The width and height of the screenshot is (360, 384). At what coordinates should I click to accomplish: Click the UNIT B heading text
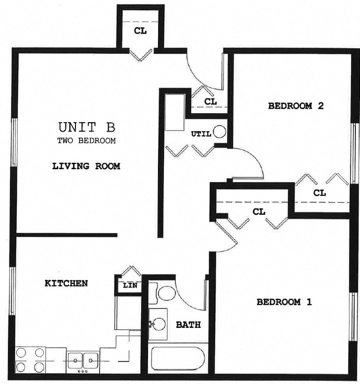pyautogui.click(x=86, y=126)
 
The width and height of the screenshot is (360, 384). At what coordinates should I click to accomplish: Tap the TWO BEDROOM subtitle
pyautogui.click(x=86, y=141)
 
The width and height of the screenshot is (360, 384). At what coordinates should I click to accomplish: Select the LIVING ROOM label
pyautogui.click(x=86, y=166)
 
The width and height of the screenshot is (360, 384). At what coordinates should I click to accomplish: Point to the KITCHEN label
pyautogui.click(x=66, y=283)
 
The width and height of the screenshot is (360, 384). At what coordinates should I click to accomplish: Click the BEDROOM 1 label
pyautogui.click(x=284, y=302)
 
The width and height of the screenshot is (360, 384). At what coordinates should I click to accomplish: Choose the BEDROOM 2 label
pyautogui.click(x=296, y=106)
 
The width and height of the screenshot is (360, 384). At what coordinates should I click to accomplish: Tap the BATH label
pyautogui.click(x=188, y=325)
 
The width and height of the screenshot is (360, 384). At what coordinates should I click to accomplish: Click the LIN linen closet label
pyautogui.click(x=129, y=286)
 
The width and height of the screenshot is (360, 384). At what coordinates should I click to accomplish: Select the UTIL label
pyautogui.click(x=201, y=134)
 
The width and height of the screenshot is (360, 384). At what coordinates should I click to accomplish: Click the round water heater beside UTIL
pyautogui.click(x=219, y=132)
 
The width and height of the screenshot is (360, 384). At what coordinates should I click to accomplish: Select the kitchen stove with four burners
pyautogui.click(x=30, y=360)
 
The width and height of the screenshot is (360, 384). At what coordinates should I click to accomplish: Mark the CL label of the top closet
pyautogui.click(x=140, y=31)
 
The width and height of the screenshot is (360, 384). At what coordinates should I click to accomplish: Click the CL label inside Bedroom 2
pyautogui.click(x=319, y=193)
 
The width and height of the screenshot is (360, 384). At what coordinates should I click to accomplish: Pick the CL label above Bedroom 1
pyautogui.click(x=258, y=212)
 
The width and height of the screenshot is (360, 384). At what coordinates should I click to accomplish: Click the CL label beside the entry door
pyautogui.click(x=210, y=102)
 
